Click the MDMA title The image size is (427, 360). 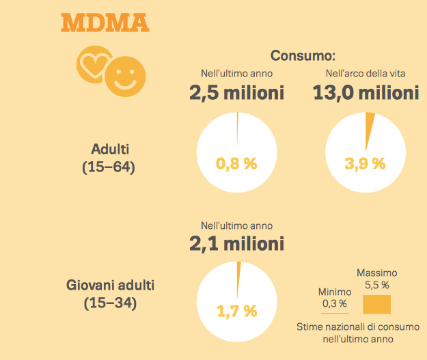point(105,22)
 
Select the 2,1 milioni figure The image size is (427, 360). point(236,243)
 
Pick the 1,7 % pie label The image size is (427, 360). point(236,311)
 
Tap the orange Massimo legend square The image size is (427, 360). point(376,303)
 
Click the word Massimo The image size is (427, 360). point(377,273)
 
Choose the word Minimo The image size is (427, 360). point(335,292)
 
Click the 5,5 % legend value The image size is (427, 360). point(376,284)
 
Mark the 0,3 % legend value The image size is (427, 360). point(335,303)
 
